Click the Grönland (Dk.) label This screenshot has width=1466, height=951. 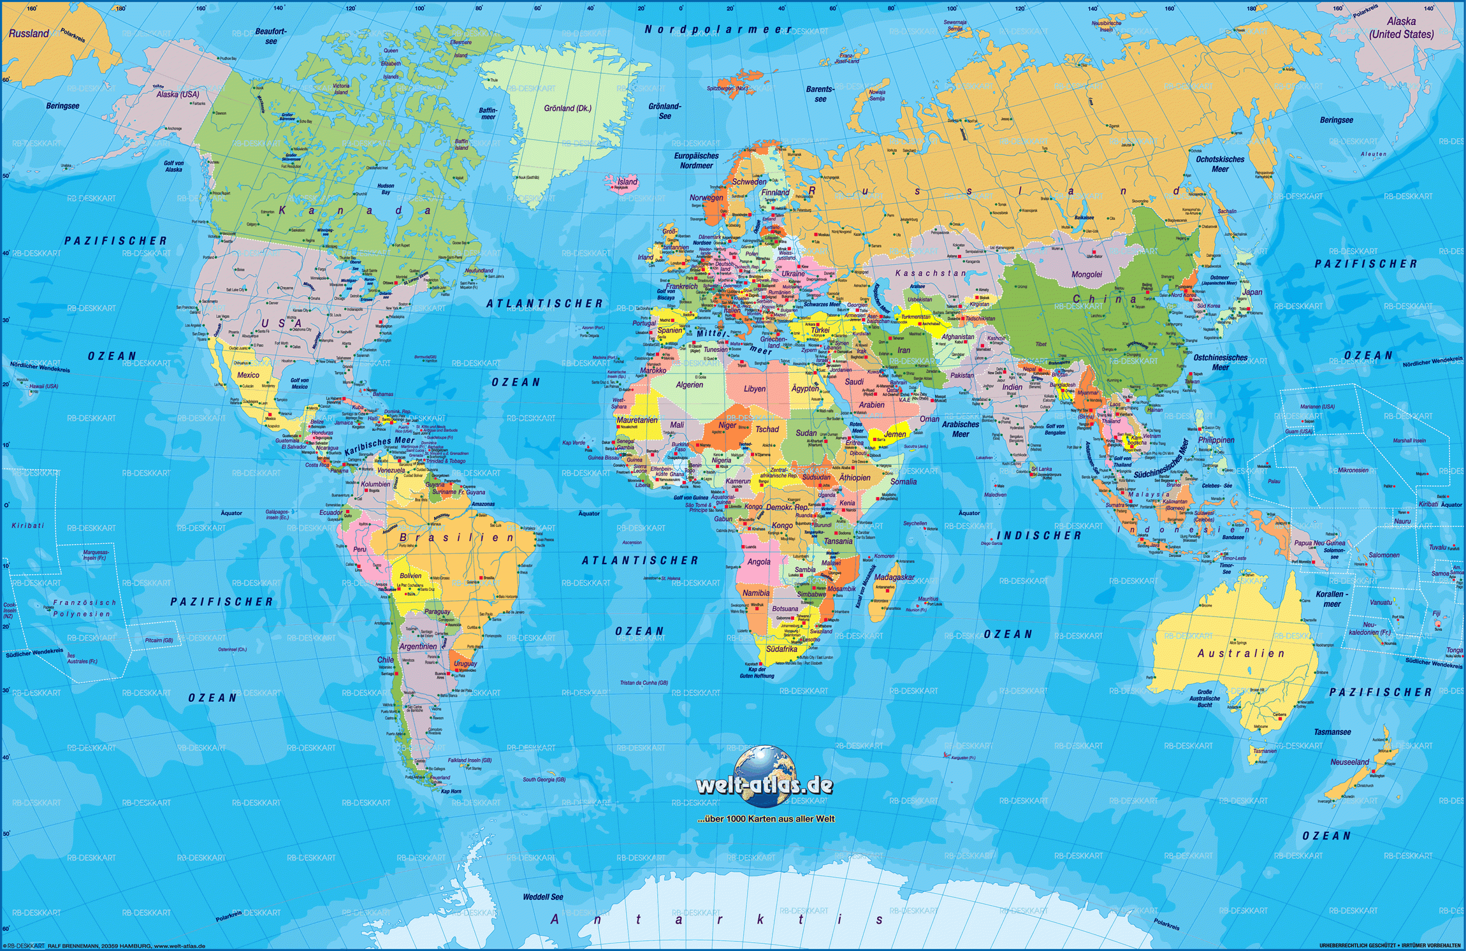click(x=567, y=108)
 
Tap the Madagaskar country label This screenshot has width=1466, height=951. click(x=894, y=577)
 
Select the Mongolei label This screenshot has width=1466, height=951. click(x=1086, y=275)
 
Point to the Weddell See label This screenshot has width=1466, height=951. click(x=543, y=897)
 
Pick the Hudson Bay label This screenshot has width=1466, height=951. click(x=386, y=189)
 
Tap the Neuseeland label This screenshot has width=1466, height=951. click(x=1349, y=762)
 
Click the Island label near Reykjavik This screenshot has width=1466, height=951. click(x=627, y=182)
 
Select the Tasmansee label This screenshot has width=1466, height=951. click(x=1332, y=732)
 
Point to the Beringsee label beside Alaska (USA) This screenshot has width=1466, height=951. click(x=62, y=106)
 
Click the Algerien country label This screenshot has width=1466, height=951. click(x=689, y=385)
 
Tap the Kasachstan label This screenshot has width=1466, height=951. click(x=930, y=273)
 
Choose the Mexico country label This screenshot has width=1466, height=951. click(x=248, y=375)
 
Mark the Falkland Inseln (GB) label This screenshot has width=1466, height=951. click(x=469, y=760)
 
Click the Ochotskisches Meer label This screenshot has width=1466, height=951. click(x=1219, y=164)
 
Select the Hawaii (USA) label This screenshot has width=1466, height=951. click(x=43, y=386)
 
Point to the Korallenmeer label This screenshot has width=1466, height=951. click(x=1332, y=599)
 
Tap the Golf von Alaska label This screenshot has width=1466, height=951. click(x=173, y=166)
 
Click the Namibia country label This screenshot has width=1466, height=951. click(x=755, y=593)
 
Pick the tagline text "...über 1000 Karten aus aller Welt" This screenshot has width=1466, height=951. click(x=766, y=819)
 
